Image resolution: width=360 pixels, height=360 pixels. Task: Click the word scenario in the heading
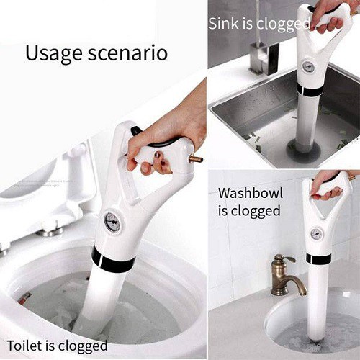point(127,53)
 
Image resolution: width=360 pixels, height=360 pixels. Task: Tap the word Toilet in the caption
point(25,346)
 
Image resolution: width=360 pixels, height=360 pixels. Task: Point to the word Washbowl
point(251,193)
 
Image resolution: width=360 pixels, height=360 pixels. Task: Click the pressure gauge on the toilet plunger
point(112,222)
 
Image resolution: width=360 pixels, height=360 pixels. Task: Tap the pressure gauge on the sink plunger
point(307,66)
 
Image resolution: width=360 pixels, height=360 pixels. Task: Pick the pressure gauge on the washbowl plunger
point(315,234)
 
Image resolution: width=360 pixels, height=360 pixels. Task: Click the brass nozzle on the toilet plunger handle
point(196,159)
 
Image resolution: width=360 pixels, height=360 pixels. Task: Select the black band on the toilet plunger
point(113,261)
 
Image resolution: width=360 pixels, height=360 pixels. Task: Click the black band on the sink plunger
point(310,90)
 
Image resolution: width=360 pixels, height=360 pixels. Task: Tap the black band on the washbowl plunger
point(319,258)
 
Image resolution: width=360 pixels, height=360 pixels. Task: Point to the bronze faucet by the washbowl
point(287,276)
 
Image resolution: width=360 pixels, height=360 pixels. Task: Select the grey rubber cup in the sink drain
point(304,150)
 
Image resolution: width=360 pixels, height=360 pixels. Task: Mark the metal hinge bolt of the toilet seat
point(50,231)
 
